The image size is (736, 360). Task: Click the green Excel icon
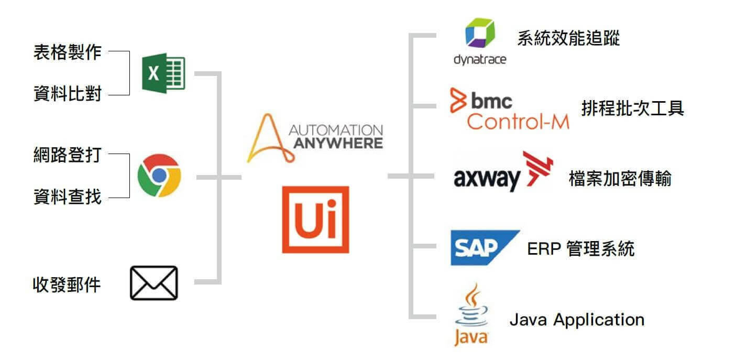(x=163, y=73)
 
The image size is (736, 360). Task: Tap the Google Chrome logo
(x=159, y=176)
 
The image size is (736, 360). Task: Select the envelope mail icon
(x=153, y=283)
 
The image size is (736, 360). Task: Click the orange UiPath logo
(x=315, y=219)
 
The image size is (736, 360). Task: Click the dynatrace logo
(x=480, y=42)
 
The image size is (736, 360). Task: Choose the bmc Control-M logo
(x=509, y=109)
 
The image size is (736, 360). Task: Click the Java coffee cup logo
(x=471, y=314)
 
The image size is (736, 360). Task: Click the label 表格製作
(x=67, y=52)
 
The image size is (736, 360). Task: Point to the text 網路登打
(x=67, y=155)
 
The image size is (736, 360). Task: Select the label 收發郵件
(x=67, y=285)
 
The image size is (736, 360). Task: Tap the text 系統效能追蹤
(x=568, y=38)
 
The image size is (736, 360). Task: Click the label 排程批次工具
(x=632, y=108)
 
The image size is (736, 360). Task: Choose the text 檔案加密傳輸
(x=620, y=179)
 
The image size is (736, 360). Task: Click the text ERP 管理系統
(x=580, y=248)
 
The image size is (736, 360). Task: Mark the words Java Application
(x=577, y=319)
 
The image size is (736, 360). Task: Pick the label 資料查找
(x=67, y=198)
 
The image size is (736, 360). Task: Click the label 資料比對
(x=67, y=95)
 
